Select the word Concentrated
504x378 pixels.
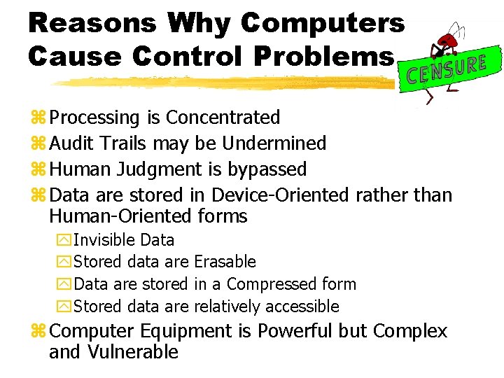pyautogui.click(x=223, y=118)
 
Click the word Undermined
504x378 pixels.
pyautogui.click(x=274, y=143)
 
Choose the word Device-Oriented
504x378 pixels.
pyautogui.click(x=279, y=195)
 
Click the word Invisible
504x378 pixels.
pyautogui.click(x=104, y=240)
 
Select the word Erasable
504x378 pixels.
pyautogui.click(x=225, y=262)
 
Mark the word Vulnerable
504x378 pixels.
pyautogui.click(x=132, y=352)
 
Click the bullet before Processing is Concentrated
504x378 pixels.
pyautogui.click(x=38, y=118)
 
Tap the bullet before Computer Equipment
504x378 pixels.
pyautogui.click(x=38, y=332)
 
